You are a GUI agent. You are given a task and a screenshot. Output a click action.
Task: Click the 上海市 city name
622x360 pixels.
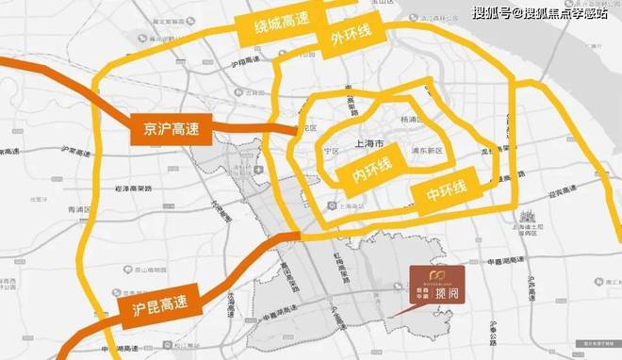click(368, 145)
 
